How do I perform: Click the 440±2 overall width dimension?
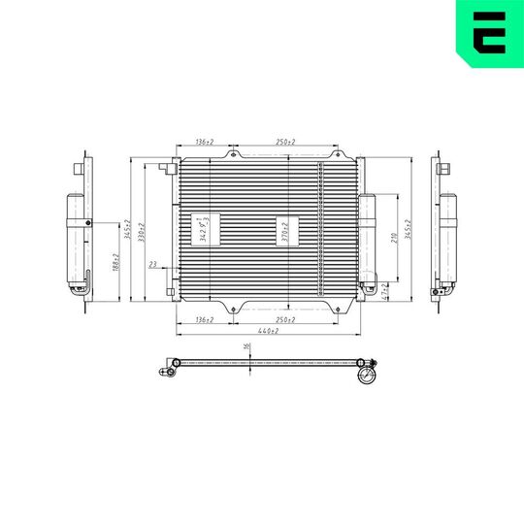268,332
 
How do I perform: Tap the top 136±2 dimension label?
204,143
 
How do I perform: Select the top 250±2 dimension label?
286,143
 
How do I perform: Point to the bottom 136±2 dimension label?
204,319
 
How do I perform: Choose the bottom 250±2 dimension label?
286,319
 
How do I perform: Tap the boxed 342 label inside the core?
205,230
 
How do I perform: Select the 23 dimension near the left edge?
152,264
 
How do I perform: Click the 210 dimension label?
392,238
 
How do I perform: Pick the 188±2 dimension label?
115,262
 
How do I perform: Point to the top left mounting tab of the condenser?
232,153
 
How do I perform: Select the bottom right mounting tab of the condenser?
341,307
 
